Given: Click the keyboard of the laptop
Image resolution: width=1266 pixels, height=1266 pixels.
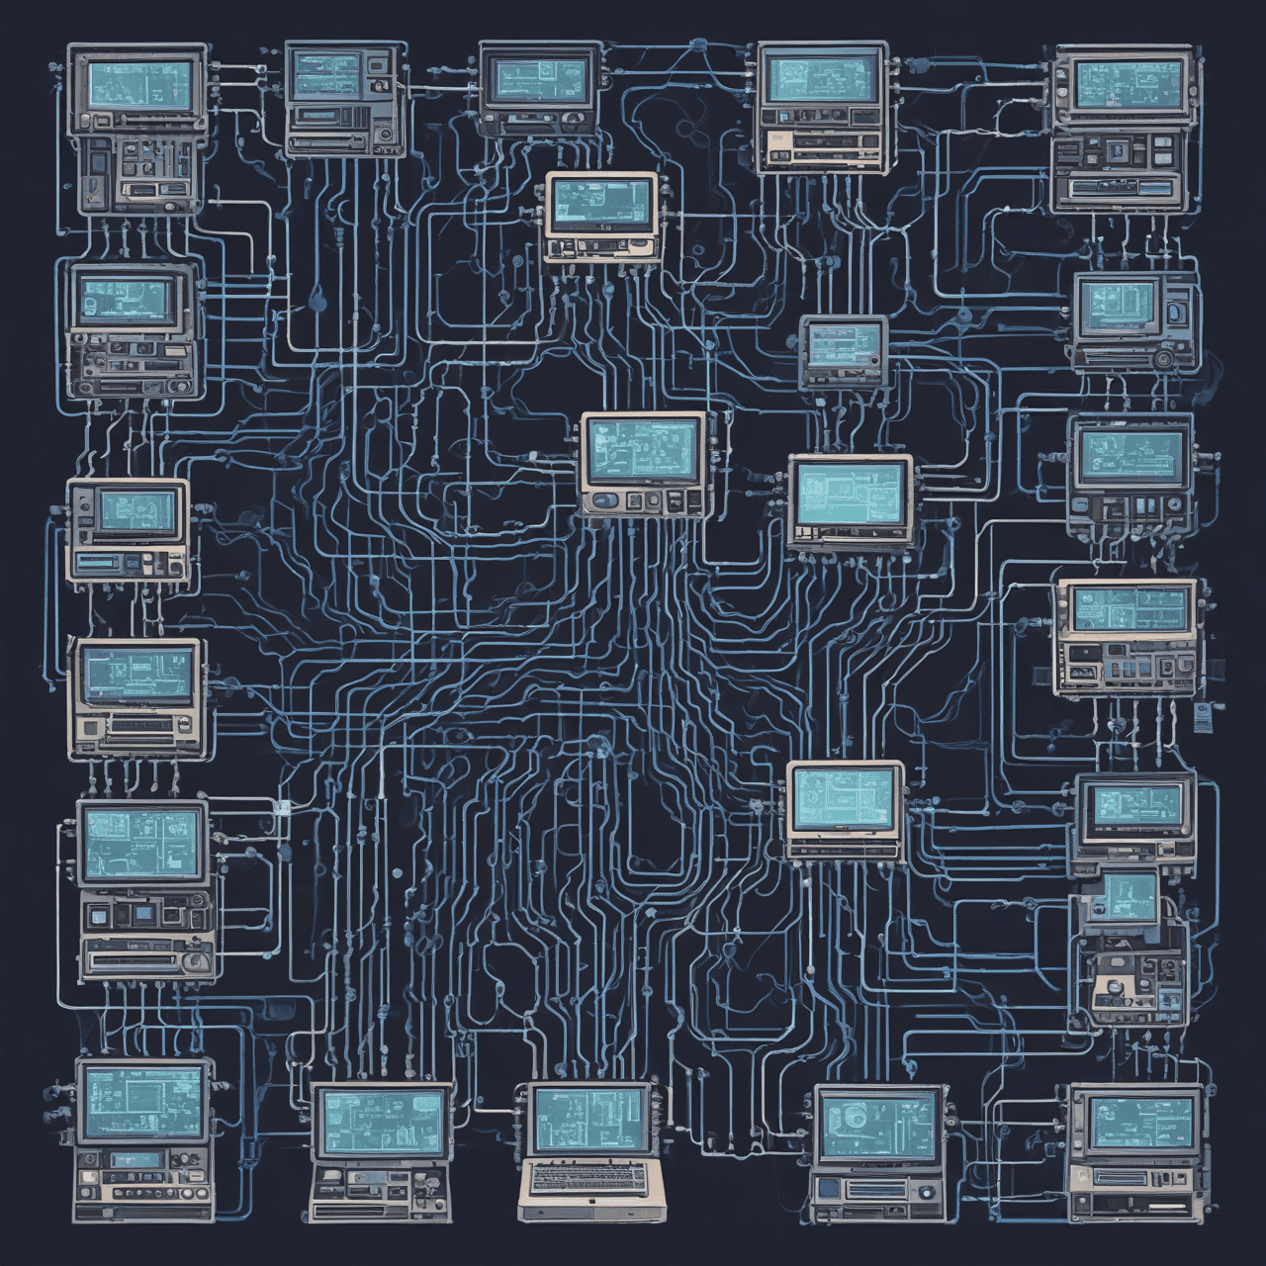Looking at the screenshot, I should [588, 1176].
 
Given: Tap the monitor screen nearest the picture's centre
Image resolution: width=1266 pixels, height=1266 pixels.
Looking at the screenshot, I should [644, 451].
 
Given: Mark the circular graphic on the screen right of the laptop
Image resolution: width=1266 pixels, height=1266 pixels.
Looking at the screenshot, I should [853, 1118].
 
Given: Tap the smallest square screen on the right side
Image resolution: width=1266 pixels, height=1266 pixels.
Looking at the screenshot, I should [1129, 896].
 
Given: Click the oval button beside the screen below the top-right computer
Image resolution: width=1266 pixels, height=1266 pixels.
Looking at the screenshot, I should [1174, 315].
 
